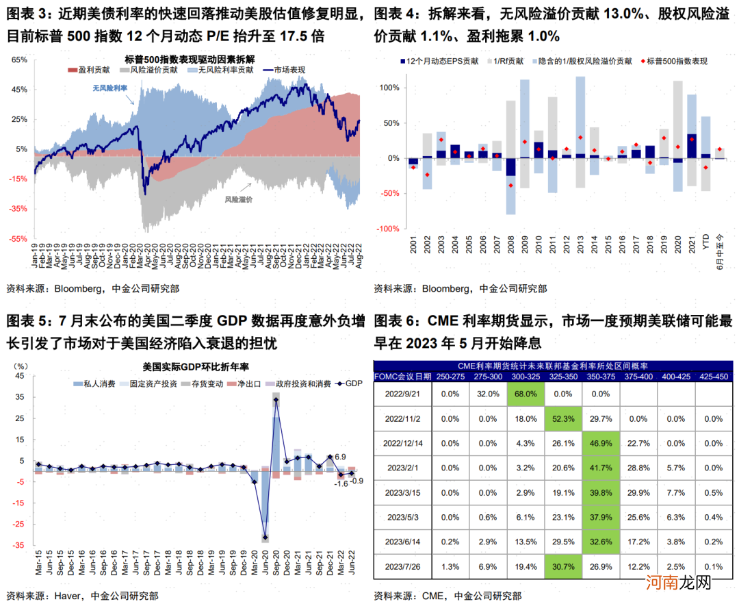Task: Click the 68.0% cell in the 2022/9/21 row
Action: coord(526,394)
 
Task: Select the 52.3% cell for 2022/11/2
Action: coord(563,418)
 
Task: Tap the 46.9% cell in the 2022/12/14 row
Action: coord(601,443)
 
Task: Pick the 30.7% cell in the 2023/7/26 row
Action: coord(563,566)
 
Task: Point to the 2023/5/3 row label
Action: coord(404,517)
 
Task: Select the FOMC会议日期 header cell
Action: coord(403,376)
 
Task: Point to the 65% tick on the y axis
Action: coord(18,60)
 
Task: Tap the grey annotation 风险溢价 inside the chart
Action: coord(238,199)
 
